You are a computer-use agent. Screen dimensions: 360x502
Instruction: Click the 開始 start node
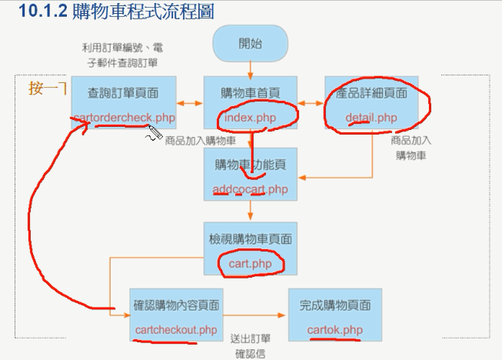coord(250,43)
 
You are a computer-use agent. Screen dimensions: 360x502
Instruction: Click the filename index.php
coord(249,117)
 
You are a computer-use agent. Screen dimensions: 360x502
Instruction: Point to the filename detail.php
coord(371,118)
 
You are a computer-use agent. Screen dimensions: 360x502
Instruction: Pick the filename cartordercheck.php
coord(124,118)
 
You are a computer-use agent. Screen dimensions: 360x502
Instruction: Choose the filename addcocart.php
coord(250,188)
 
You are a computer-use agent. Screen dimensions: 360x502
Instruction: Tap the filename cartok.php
coord(334,330)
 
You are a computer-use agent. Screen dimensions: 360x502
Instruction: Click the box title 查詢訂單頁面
coord(124,93)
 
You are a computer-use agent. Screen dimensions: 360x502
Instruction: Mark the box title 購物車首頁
coord(250,93)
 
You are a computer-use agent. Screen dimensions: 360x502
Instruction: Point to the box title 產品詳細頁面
coord(371,93)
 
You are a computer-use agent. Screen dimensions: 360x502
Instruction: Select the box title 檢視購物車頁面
coord(250,239)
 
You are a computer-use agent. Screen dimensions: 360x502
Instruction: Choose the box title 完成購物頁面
coord(334,305)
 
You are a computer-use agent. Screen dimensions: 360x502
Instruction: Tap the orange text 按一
coord(41,88)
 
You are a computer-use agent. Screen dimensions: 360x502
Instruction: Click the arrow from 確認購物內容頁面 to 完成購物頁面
coord(255,315)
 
